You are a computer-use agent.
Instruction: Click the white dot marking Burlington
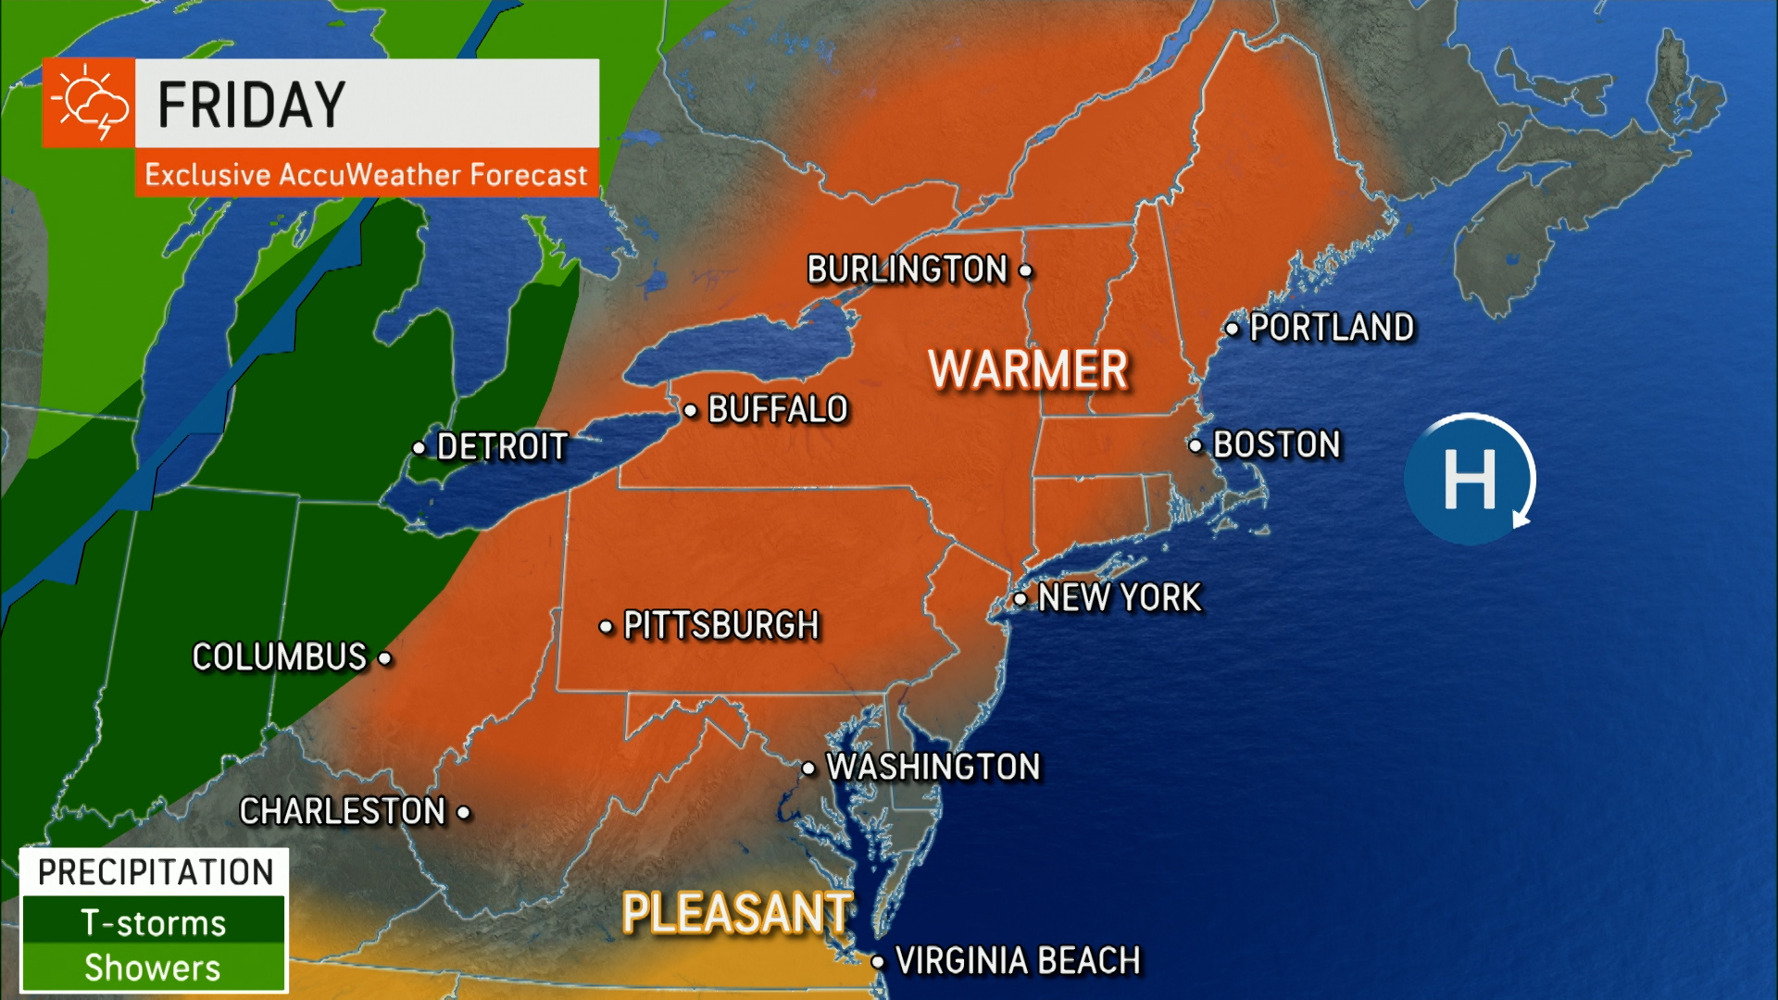click(1025, 271)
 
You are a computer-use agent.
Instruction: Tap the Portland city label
click(1332, 328)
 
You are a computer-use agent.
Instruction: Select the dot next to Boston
click(1196, 445)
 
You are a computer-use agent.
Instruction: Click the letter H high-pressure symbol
click(1470, 479)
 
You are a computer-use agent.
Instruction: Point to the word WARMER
click(1028, 369)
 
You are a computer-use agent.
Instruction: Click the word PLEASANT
click(736, 913)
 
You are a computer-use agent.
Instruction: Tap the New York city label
click(1120, 598)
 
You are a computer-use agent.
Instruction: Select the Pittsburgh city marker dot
click(606, 627)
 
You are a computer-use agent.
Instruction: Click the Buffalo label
click(778, 409)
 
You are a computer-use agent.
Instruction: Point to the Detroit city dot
click(419, 448)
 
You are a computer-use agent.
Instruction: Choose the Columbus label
click(280, 657)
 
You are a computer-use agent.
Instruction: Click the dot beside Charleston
click(464, 813)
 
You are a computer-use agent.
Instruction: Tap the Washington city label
click(933, 768)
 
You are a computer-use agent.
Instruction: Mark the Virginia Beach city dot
click(878, 962)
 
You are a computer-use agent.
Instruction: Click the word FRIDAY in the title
click(252, 104)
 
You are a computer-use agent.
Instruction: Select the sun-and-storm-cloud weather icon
click(89, 103)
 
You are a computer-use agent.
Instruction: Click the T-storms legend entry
click(153, 923)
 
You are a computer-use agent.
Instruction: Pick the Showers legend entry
click(153, 968)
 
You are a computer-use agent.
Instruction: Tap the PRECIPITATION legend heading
click(155, 872)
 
